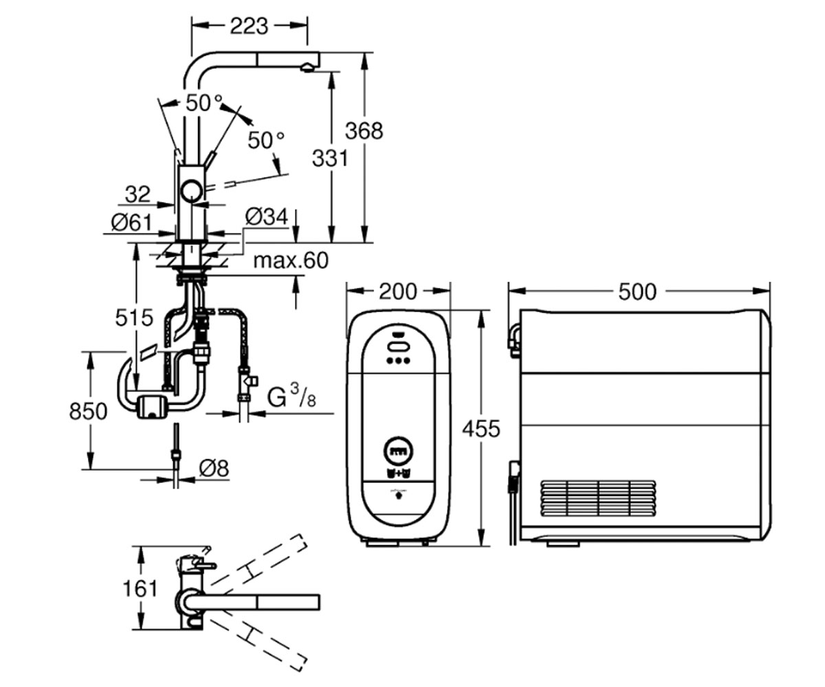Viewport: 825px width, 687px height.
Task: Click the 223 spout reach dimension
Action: (249, 27)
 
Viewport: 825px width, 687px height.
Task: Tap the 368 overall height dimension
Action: (364, 131)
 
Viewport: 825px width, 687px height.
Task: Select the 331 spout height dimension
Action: (330, 159)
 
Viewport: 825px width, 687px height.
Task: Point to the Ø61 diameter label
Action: (131, 223)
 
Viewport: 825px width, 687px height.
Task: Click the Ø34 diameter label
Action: (267, 217)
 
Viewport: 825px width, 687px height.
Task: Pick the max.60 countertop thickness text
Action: (291, 260)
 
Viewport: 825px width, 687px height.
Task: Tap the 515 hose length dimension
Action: (134, 317)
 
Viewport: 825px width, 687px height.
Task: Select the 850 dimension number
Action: (88, 411)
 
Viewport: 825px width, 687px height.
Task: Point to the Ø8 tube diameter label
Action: (214, 469)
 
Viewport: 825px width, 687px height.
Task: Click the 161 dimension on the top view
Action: (140, 589)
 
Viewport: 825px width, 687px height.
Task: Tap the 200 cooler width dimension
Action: (398, 292)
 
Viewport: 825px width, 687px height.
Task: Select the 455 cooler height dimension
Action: (481, 429)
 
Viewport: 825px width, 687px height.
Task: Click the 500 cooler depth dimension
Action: (637, 292)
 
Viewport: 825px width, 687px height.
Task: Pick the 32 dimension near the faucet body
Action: (137, 194)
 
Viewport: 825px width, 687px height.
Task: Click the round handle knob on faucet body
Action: (192, 191)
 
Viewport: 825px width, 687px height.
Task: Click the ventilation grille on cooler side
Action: (598, 498)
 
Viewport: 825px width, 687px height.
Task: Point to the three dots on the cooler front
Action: (399, 361)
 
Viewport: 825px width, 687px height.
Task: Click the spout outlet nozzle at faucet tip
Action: (307, 68)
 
